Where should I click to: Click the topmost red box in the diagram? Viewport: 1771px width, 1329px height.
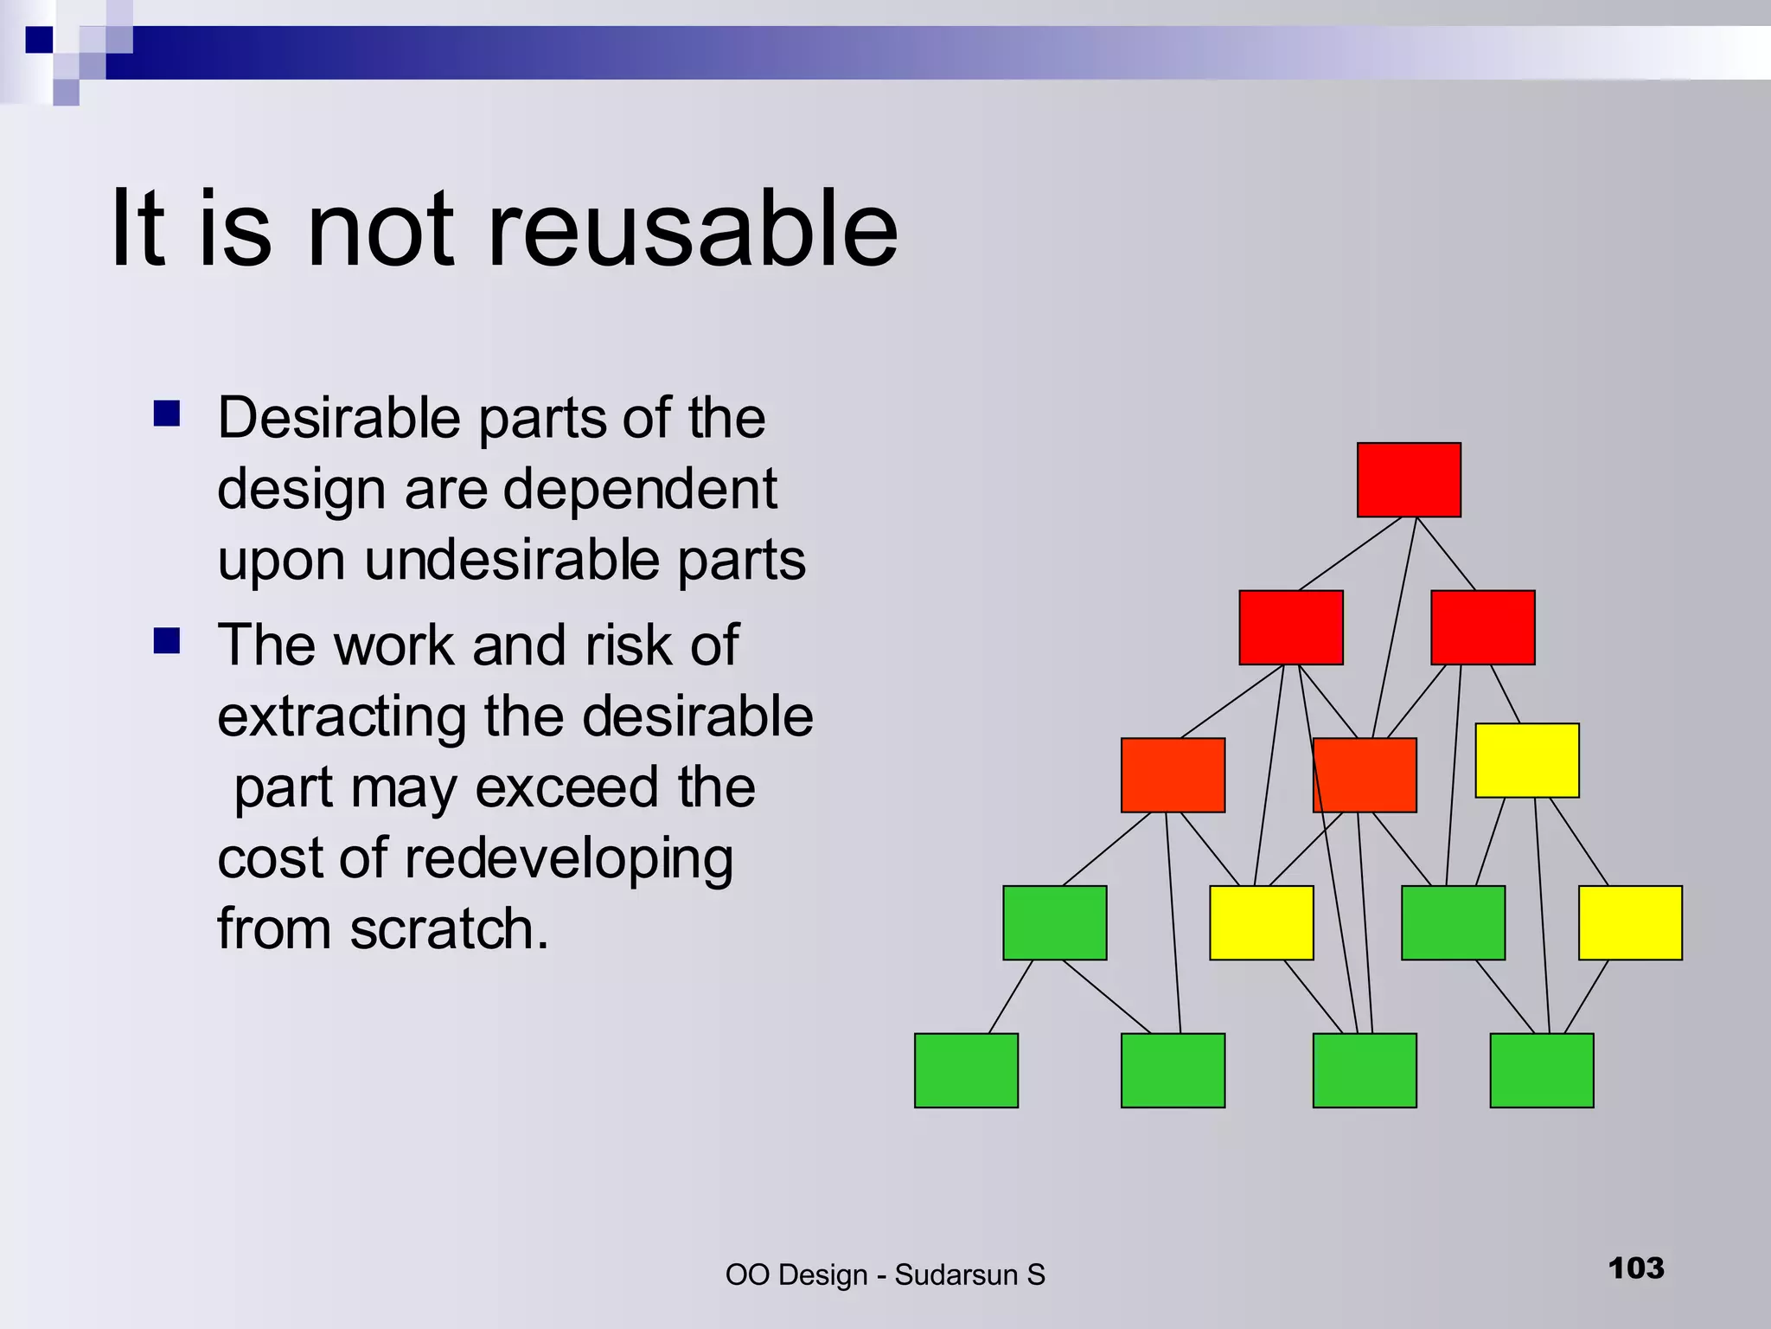(x=1409, y=480)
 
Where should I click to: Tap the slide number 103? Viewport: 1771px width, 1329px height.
(x=1636, y=1268)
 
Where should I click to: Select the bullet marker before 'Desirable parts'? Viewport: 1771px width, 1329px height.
(x=167, y=414)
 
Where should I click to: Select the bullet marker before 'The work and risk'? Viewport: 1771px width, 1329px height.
(x=167, y=641)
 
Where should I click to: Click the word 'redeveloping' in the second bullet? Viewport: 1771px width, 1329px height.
(x=568, y=858)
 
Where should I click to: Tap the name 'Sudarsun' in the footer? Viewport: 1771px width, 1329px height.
(x=956, y=1275)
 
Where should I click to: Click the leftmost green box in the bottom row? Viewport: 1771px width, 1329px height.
(x=966, y=1070)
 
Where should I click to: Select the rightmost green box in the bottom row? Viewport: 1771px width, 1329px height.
(x=1542, y=1070)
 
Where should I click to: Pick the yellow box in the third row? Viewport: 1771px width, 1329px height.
(x=1527, y=761)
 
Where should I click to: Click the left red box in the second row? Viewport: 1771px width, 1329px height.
(x=1291, y=627)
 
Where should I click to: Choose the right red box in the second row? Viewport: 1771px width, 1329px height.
(x=1483, y=627)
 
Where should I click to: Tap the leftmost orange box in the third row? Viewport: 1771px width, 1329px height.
(x=1173, y=775)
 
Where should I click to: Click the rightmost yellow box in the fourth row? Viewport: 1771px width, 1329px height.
(x=1630, y=922)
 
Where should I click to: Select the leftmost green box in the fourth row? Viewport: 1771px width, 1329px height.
(x=1054, y=922)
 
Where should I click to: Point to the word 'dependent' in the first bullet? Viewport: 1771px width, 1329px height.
(x=640, y=490)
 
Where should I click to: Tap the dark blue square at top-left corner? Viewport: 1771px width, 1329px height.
(x=39, y=40)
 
